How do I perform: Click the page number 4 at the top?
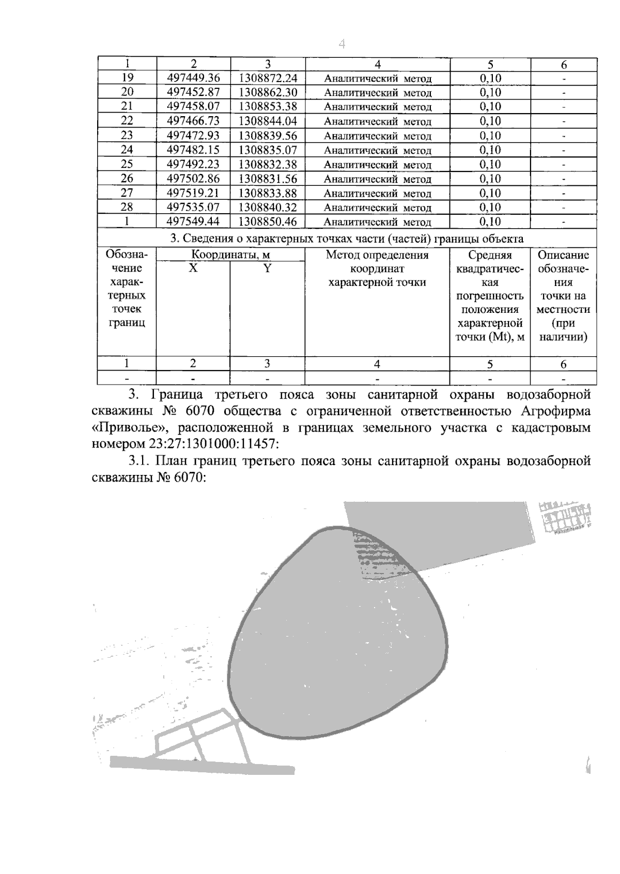click(x=342, y=45)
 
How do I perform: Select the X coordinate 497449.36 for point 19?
click(x=194, y=78)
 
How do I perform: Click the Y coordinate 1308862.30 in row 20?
click(x=268, y=92)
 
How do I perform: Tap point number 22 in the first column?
click(x=127, y=121)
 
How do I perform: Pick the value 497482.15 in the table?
click(x=194, y=150)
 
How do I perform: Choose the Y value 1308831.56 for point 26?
click(x=268, y=179)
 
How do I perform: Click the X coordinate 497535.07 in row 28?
click(x=194, y=208)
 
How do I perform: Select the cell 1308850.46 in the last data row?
click(x=268, y=222)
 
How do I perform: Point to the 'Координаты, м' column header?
click(x=230, y=255)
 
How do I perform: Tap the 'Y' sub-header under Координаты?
click(x=267, y=268)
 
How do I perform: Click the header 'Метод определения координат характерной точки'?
click(x=377, y=268)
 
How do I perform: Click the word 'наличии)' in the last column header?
click(x=563, y=337)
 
